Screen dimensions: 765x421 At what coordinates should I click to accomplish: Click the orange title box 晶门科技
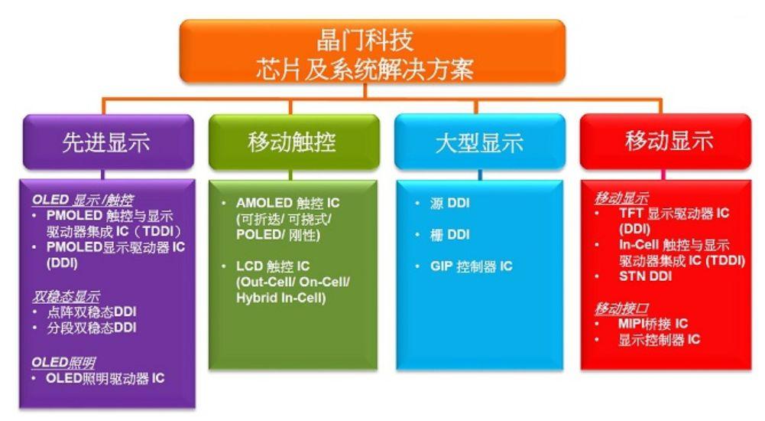[372, 51]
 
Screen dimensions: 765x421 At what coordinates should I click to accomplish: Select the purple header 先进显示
[109, 142]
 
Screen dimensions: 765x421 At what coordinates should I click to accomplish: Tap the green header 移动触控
[293, 142]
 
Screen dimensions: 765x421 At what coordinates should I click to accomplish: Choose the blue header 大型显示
[480, 142]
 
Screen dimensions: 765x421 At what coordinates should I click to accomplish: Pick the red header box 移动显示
[666, 142]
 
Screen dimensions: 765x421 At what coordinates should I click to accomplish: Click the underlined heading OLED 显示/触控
[83, 200]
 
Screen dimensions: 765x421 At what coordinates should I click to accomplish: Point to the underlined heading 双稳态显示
[66, 296]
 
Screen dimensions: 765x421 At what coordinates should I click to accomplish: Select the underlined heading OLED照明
[63, 362]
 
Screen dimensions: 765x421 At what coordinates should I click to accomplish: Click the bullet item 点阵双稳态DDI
[91, 312]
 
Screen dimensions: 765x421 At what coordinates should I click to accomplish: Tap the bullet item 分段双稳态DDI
[91, 328]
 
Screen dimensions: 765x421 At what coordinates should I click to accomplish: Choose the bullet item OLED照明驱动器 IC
[105, 378]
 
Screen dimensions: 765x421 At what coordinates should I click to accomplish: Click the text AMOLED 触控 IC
[287, 203]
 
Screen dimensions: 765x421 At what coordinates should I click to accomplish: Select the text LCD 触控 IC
[273, 266]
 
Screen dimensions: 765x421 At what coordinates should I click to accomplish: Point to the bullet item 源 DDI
[449, 203]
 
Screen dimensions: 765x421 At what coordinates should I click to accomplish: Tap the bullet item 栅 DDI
[449, 235]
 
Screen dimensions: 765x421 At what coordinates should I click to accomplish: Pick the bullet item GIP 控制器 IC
[471, 266]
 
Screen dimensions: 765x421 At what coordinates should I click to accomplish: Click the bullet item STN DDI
[645, 276]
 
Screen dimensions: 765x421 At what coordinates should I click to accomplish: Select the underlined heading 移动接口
[621, 308]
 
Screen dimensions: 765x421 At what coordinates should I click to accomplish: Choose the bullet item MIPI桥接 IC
[653, 324]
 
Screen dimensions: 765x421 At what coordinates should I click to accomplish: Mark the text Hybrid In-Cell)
[280, 298]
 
